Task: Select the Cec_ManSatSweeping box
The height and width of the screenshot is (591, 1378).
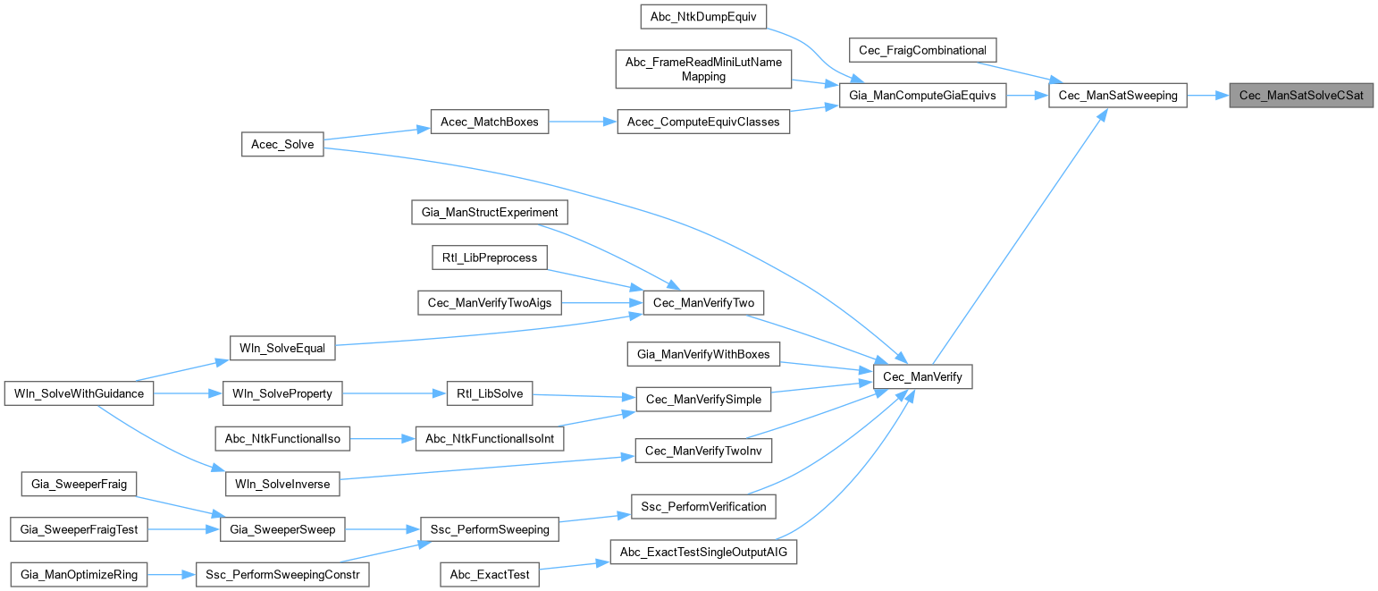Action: click(1117, 95)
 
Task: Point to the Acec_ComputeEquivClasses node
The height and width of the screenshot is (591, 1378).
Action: click(703, 122)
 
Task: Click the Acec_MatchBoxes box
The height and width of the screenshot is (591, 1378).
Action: click(489, 122)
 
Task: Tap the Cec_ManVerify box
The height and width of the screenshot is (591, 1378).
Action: click(922, 377)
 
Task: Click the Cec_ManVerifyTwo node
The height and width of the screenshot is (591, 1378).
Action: click(703, 303)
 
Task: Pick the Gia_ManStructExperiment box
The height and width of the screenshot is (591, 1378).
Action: click(489, 213)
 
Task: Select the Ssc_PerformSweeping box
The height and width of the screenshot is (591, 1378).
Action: click(489, 529)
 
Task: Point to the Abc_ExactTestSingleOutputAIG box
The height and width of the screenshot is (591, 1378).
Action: click(703, 552)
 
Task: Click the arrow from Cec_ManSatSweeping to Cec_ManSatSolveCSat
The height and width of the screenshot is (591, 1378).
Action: click(1207, 95)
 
